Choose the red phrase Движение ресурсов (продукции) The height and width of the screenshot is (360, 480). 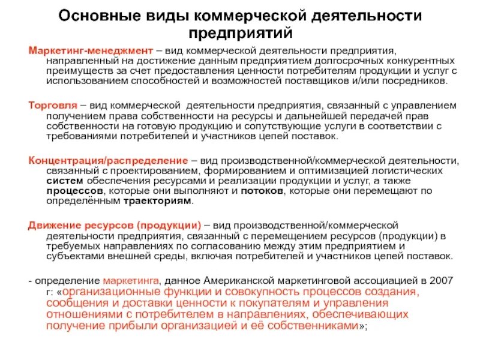tap(115, 224)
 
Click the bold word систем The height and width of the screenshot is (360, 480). tap(61, 181)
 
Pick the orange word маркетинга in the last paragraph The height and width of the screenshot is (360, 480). tap(131, 280)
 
